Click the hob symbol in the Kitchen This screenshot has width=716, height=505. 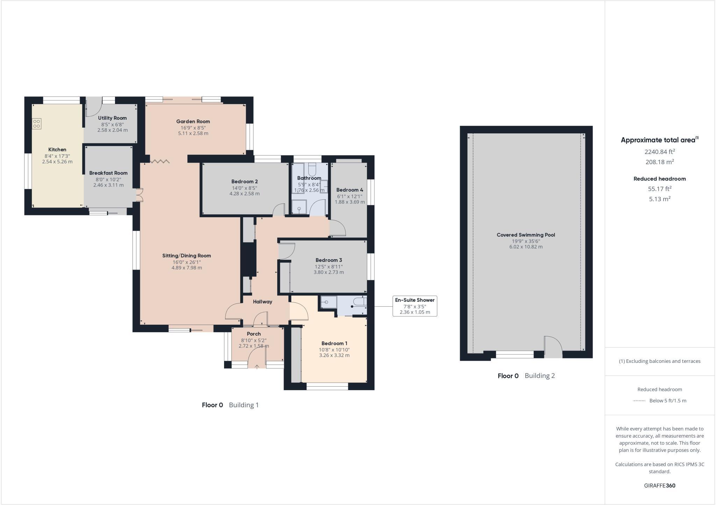37,124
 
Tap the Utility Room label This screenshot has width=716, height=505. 112,118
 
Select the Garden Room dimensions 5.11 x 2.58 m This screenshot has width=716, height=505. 193,133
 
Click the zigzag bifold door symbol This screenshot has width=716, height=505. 160,161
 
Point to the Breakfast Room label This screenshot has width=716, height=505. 108,173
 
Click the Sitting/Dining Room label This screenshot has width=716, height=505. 186,256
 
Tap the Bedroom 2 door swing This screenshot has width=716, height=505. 279,210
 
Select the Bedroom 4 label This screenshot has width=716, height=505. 350,190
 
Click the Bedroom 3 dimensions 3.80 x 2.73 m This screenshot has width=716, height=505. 329,272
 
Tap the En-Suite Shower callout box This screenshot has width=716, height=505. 415,306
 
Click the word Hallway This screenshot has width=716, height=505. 262,302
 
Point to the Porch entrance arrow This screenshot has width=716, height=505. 257,366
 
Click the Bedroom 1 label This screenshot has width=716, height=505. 334,343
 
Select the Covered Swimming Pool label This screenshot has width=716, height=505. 526,235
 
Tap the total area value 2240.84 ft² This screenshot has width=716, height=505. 659,152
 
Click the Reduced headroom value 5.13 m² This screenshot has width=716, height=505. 659,199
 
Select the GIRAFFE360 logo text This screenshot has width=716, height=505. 659,485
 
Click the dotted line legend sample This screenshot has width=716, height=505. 639,401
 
